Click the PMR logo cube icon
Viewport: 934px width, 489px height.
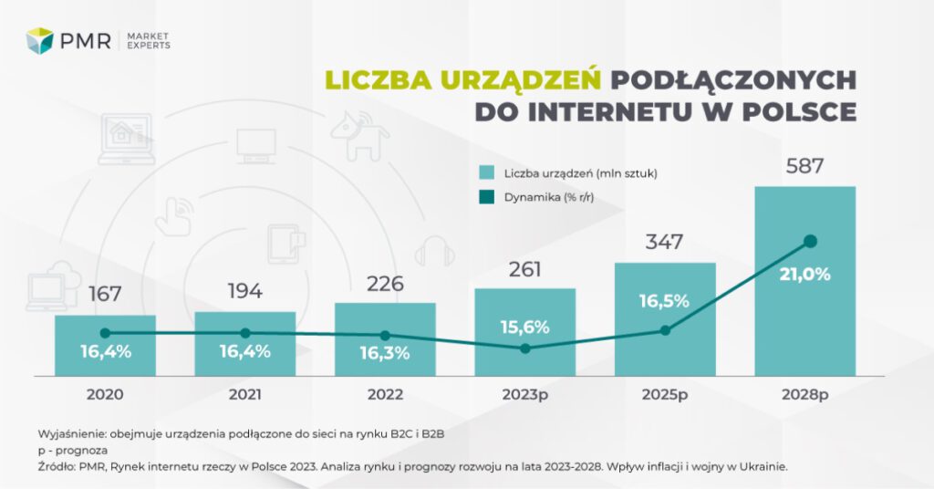coord(40,40)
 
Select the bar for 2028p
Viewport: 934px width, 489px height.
coord(804,310)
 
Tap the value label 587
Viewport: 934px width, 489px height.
coord(804,167)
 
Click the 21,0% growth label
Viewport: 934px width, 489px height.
coord(804,274)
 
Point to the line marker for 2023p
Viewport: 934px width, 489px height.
coord(524,349)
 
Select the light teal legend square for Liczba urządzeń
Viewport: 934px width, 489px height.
coord(487,172)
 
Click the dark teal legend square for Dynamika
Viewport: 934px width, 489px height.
coord(487,198)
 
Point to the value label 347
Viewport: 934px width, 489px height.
coord(665,243)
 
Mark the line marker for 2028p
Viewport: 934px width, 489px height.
coord(809,242)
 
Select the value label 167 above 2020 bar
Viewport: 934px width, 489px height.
coord(105,295)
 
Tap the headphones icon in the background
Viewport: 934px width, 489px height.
coord(435,251)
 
